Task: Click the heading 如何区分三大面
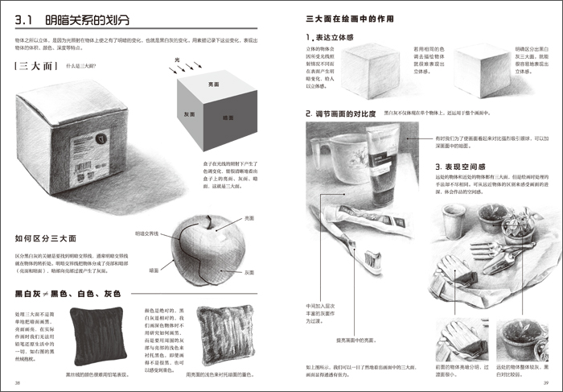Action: (x=45, y=239)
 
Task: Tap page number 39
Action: (x=545, y=382)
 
